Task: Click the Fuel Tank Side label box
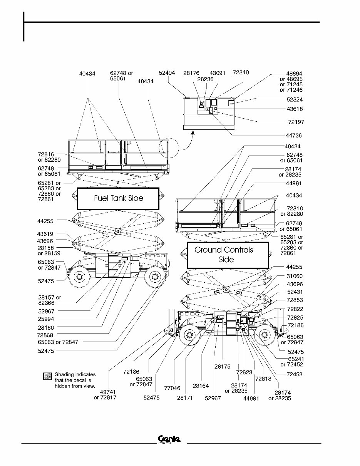click(x=118, y=198)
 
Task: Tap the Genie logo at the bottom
click(x=169, y=439)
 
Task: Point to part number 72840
click(x=241, y=72)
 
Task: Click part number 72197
click(x=296, y=122)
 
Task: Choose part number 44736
click(x=294, y=136)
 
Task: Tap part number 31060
click(x=295, y=276)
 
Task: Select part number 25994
click(x=46, y=319)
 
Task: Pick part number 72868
click(x=45, y=335)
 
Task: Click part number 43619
click(x=45, y=234)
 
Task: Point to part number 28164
click(x=201, y=386)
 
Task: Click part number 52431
click(x=295, y=292)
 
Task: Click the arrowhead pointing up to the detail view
click(x=193, y=133)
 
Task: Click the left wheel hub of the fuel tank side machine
click(x=80, y=276)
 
